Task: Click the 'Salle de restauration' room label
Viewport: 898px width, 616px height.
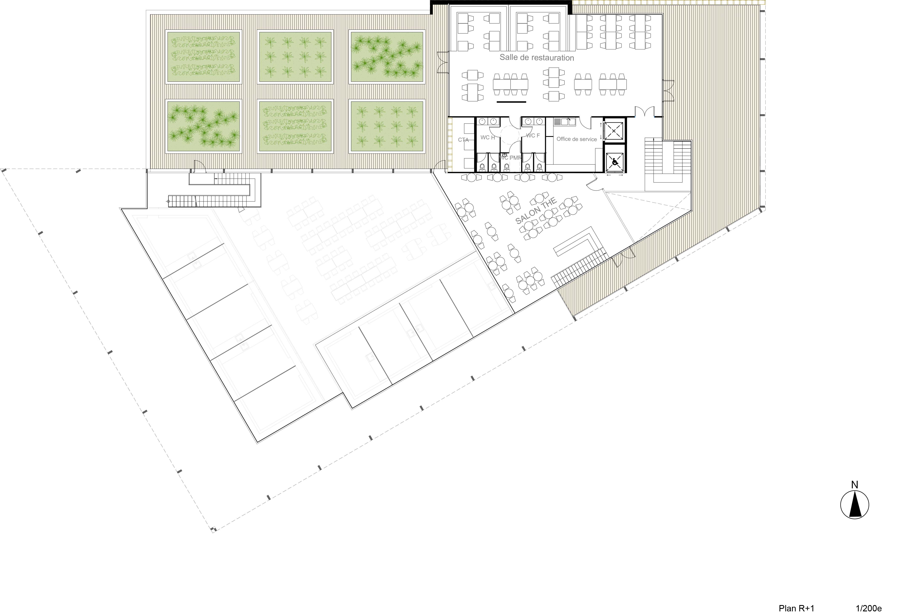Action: [537, 58]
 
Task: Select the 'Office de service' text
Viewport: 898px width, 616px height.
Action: [576, 139]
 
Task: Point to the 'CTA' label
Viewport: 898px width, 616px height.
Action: [463, 140]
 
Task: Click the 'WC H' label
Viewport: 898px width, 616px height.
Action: [488, 137]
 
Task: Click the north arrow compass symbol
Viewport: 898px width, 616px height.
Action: [855, 504]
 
